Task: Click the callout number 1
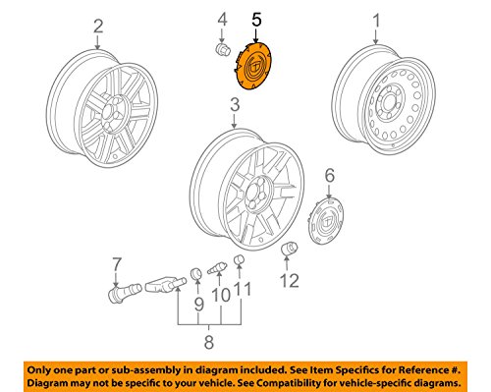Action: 377,21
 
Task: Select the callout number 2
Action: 98,26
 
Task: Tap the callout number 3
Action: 235,105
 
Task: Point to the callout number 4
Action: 222,20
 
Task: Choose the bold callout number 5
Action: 257,20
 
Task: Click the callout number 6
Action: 330,175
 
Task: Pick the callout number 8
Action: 209,342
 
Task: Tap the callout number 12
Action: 290,280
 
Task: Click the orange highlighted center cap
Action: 253,67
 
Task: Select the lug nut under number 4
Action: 222,49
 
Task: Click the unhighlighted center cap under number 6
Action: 326,220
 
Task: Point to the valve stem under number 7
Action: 124,292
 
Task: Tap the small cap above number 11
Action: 240,260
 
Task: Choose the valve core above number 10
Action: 217,268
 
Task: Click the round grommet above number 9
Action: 196,273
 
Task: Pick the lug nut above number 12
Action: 289,250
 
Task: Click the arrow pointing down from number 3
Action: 234,121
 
